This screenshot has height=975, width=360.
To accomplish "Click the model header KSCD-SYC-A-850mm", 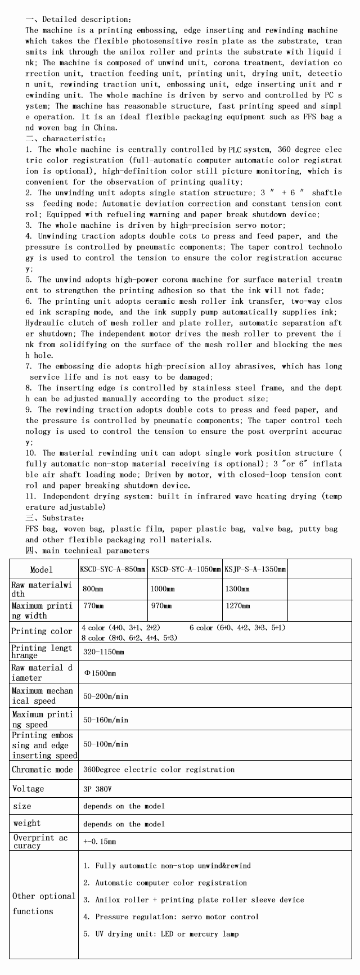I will point(114,569).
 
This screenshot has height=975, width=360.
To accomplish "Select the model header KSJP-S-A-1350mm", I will point(255,569).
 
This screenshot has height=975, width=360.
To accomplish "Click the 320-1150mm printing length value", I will point(103,652).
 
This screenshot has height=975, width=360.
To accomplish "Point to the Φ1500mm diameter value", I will point(100,673).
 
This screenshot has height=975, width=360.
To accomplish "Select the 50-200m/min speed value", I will point(106,697).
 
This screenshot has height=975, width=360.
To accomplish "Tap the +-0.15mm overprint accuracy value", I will point(100,842).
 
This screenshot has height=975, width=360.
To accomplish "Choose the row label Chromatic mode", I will point(43,770).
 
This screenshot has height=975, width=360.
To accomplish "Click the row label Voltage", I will point(28,789).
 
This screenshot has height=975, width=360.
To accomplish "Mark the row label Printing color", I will point(42,631).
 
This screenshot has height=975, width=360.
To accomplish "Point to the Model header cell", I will point(42,570).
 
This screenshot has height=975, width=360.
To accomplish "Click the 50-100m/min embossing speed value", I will point(106,744).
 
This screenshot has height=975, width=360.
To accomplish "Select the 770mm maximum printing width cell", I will point(93,606).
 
